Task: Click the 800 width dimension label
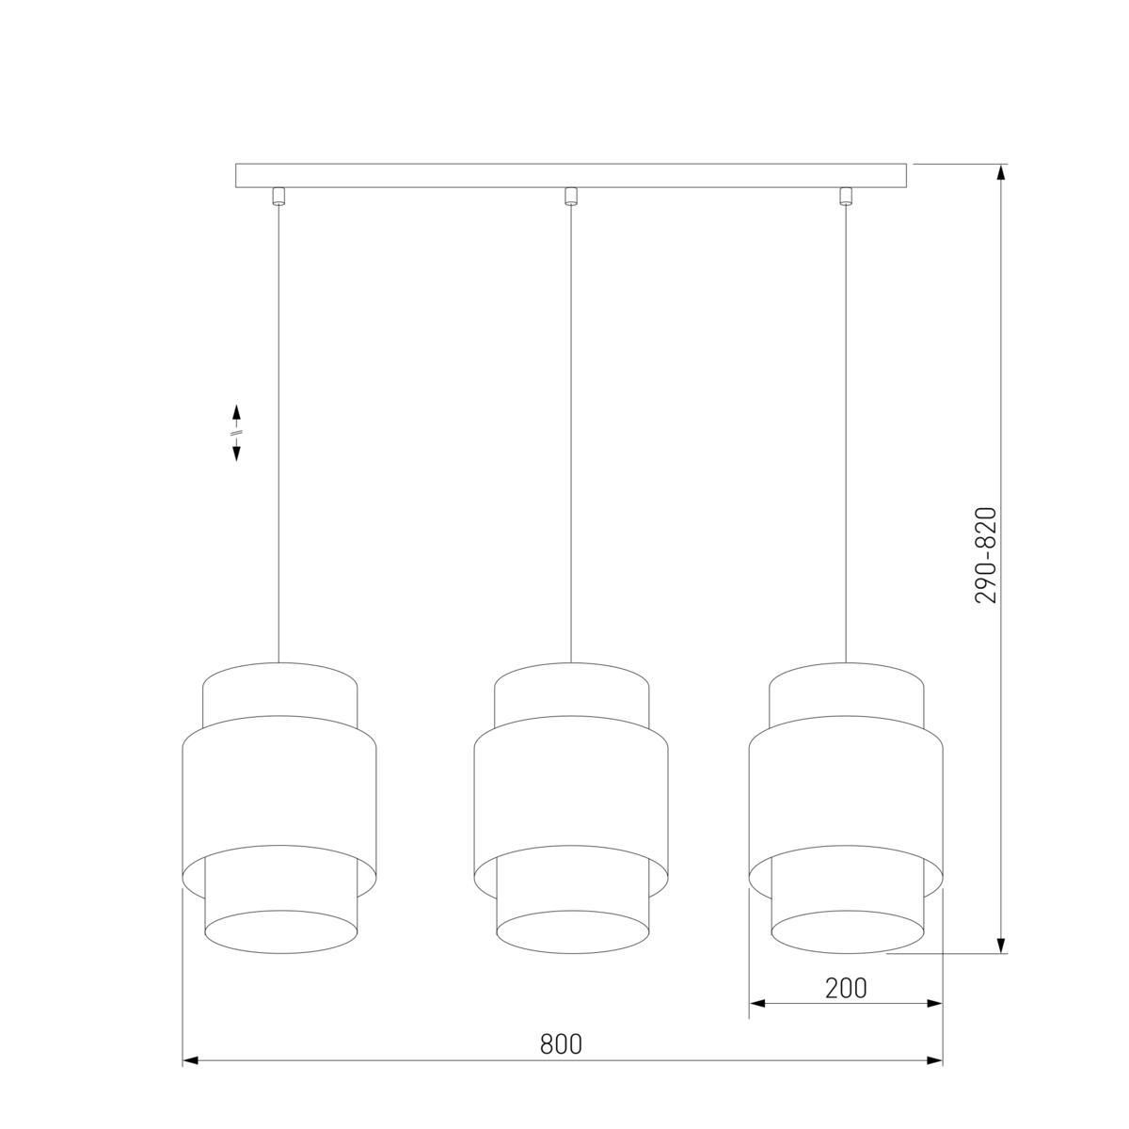[561, 1043]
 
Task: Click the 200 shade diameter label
[846, 989]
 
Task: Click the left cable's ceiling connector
[278, 196]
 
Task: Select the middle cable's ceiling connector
[570, 196]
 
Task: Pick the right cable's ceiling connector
[845, 196]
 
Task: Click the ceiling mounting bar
[571, 176]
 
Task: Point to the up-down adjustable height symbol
[237, 433]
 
